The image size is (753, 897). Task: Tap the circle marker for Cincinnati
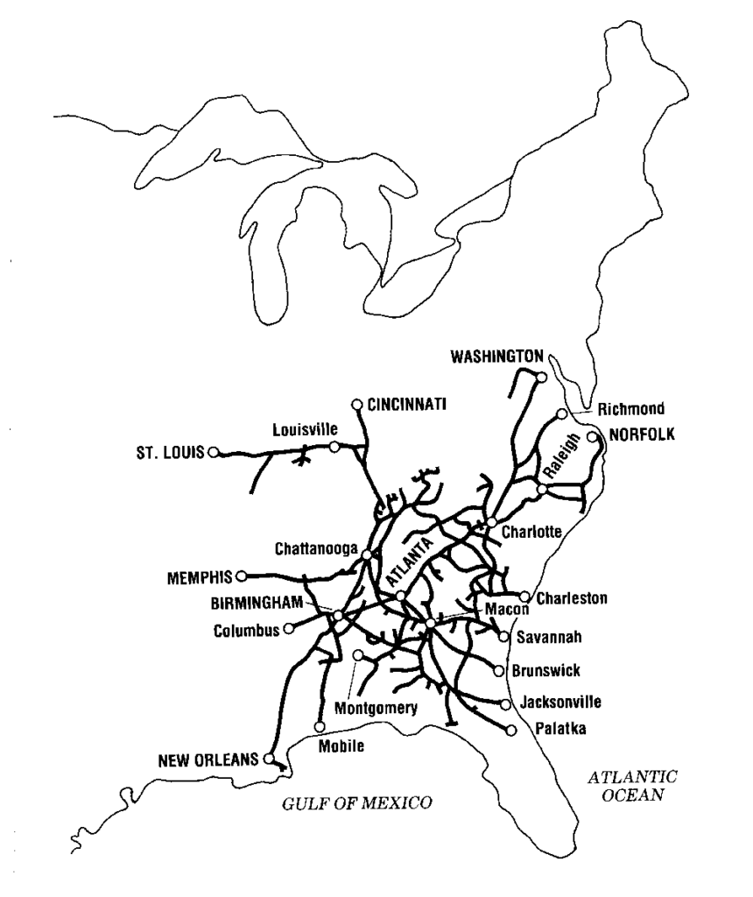coord(356,404)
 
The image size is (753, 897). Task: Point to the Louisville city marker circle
coord(334,447)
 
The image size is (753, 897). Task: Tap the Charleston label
coord(572,599)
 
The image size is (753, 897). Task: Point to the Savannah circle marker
coord(503,637)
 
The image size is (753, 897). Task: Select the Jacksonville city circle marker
coord(505,703)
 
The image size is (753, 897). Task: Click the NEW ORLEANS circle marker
coord(269,759)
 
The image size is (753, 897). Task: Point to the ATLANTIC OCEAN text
coord(633,786)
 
